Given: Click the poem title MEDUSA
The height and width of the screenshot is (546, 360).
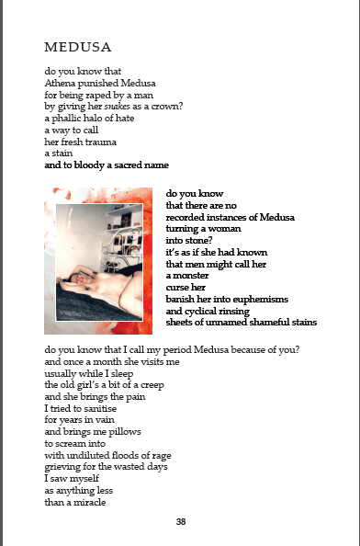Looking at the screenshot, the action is [78, 47].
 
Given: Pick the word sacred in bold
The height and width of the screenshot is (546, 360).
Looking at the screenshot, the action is [122, 166].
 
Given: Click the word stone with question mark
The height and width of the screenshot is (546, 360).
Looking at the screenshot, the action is [215, 240].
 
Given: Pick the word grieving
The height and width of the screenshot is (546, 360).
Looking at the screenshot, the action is [63, 468].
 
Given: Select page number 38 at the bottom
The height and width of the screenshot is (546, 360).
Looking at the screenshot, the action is [181, 522].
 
